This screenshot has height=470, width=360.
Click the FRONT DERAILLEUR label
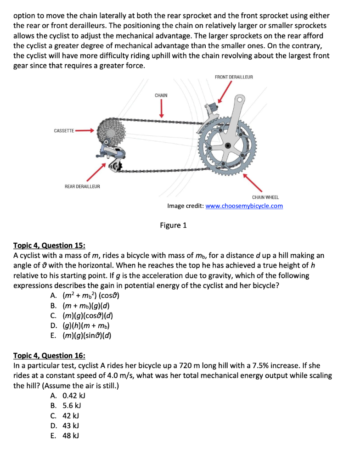pyautogui.click(x=233, y=77)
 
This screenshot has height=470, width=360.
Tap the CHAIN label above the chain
pyautogui.click(x=161, y=95)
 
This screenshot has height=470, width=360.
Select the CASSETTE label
pyautogui.click(x=64, y=131)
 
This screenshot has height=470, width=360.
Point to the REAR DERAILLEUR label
pyautogui.click(x=82, y=186)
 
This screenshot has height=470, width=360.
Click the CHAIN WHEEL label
pyautogui.click(x=265, y=197)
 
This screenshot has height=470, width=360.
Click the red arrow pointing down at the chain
pyautogui.click(x=161, y=109)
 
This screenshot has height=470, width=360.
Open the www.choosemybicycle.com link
pyautogui.click(x=244, y=206)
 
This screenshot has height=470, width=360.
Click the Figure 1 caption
pyautogui.click(x=173, y=225)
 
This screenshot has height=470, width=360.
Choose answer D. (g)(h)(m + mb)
pyautogui.click(x=80, y=326)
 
